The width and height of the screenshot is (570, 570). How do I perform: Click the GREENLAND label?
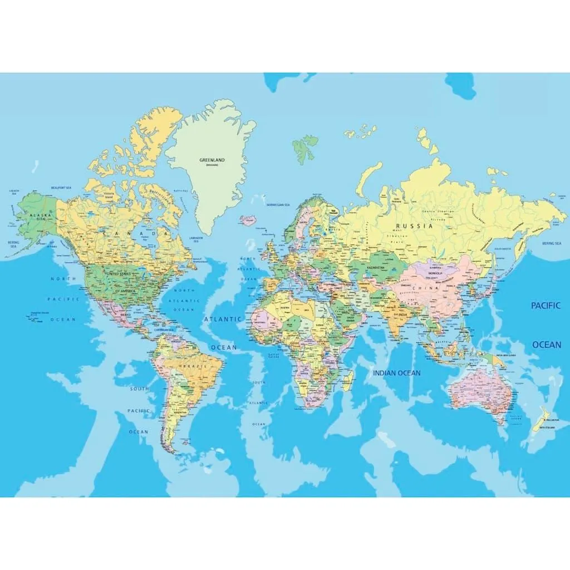point(212,160)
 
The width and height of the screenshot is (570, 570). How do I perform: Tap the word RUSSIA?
point(414,226)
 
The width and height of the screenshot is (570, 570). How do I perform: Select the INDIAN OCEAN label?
point(397,373)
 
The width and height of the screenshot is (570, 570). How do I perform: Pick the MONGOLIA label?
point(435,273)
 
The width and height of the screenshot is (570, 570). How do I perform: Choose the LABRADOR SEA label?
point(195,238)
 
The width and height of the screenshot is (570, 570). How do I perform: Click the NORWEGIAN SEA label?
point(278,205)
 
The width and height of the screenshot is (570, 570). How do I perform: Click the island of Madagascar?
point(348,381)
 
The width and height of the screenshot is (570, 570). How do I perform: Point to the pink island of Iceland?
point(247,219)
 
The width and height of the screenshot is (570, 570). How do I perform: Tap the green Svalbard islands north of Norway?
point(306,147)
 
